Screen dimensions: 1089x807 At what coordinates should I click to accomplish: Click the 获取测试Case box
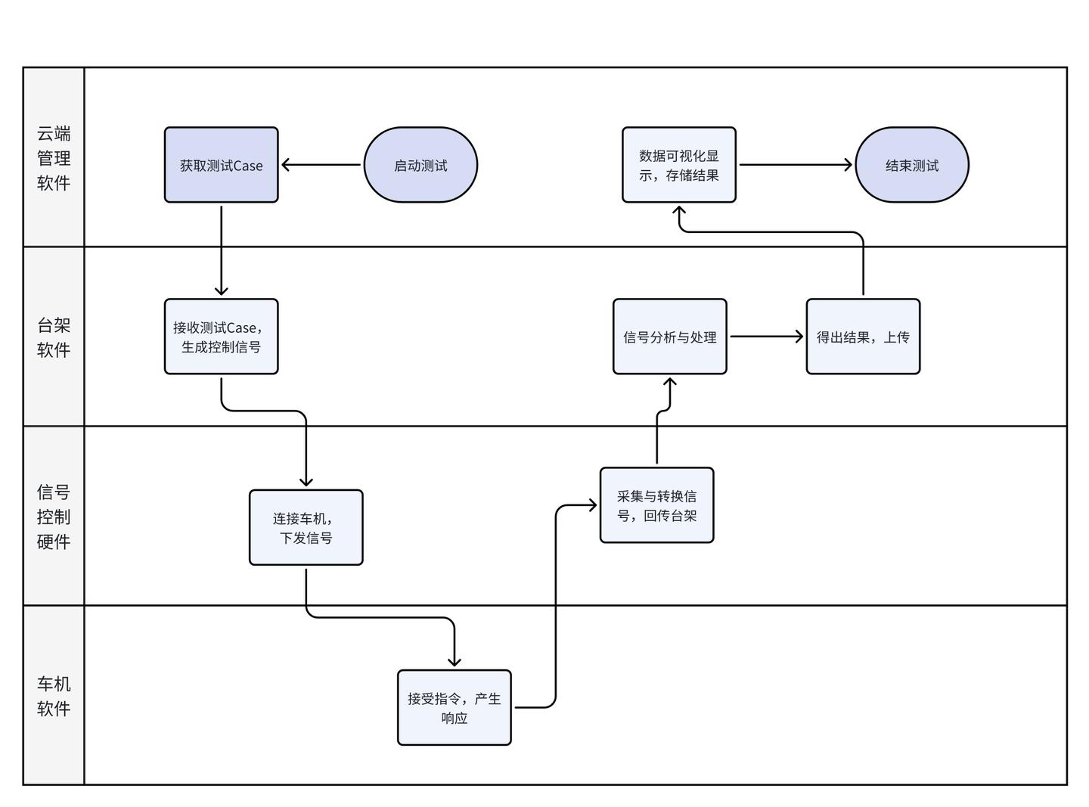coord(221,165)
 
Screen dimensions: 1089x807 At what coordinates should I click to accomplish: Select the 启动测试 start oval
coord(420,165)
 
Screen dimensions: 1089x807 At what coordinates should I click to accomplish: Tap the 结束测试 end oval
coord(912,165)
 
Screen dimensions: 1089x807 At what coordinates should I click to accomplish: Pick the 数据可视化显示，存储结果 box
coord(678,165)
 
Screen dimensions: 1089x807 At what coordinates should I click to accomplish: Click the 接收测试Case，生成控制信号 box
coord(221,337)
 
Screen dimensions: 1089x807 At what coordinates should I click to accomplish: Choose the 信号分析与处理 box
coord(670,337)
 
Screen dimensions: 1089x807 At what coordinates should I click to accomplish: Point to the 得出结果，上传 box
coord(863,337)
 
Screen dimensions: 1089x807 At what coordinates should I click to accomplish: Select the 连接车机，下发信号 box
coord(306,527)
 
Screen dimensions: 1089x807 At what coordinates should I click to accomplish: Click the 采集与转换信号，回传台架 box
coord(656,505)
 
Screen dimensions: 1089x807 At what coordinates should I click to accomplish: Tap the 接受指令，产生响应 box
coord(455,707)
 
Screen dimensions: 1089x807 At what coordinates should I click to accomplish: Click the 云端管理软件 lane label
coord(54,157)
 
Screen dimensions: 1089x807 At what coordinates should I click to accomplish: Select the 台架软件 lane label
coord(54,337)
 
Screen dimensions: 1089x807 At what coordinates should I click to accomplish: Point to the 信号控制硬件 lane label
coord(54,517)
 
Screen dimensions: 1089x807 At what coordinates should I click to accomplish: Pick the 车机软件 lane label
coord(54,696)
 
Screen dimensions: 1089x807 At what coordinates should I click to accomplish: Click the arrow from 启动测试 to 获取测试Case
coord(321,165)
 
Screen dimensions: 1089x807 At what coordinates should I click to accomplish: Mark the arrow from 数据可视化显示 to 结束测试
coord(796,165)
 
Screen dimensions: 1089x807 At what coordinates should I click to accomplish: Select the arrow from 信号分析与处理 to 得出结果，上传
coord(767,337)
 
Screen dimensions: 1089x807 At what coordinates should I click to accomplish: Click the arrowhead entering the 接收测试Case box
coord(221,291)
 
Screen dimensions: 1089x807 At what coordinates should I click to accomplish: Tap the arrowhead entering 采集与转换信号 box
coord(593,505)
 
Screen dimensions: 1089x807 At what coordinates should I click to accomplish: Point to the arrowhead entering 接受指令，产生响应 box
coord(455,662)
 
